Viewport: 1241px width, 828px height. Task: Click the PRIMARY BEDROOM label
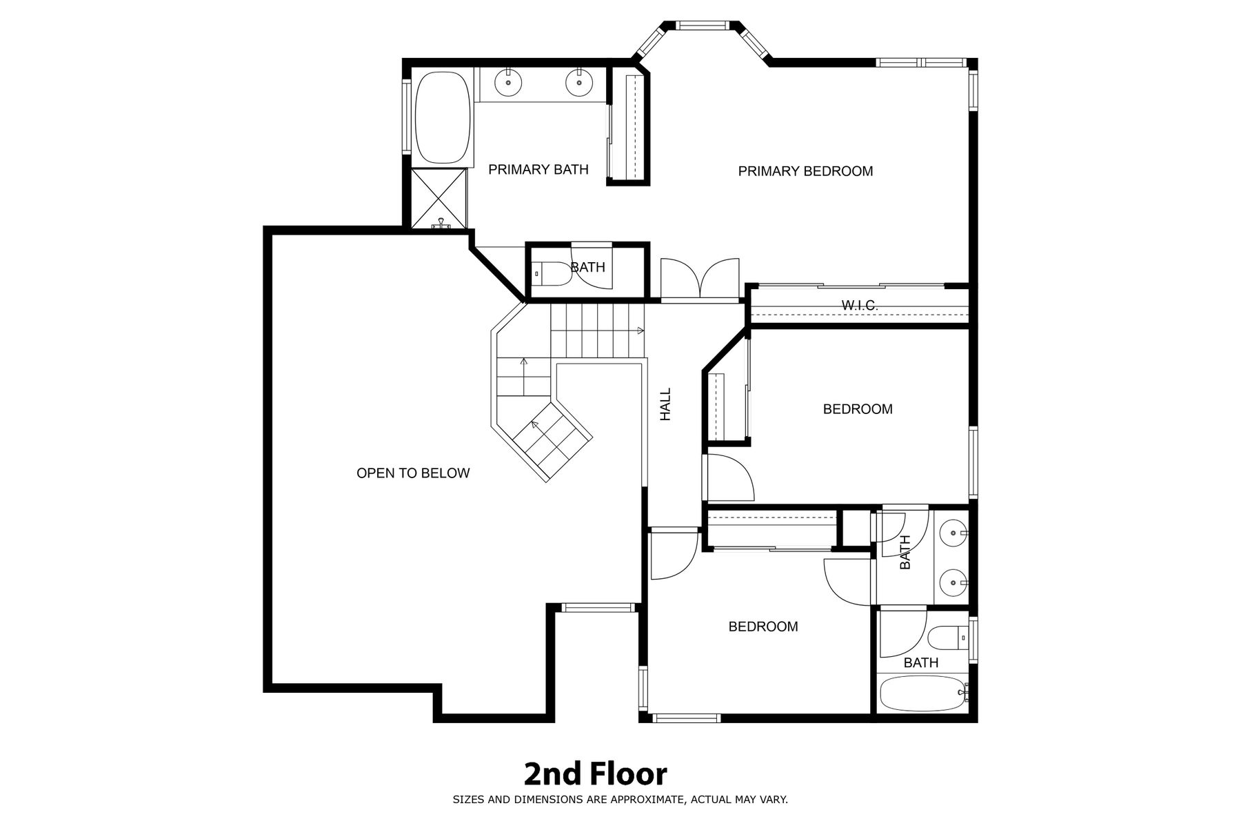[x=805, y=171]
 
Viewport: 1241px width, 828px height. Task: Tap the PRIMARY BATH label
[x=538, y=169]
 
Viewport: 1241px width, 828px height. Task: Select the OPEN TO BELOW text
[x=413, y=473]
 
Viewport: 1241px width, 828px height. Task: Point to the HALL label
[x=665, y=404]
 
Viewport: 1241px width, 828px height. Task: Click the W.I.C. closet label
[x=860, y=305]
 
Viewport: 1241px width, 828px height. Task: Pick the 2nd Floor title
[x=596, y=774]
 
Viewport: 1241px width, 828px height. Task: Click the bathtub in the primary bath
[x=443, y=118]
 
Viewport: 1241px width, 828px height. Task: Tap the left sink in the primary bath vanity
[x=508, y=83]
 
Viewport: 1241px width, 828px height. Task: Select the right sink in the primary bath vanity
[x=579, y=83]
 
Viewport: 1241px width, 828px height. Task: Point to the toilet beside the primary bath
[x=552, y=274]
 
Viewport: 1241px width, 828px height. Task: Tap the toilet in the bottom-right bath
[x=949, y=638]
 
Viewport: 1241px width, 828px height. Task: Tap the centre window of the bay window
[x=702, y=26]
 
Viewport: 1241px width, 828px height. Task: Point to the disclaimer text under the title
[x=620, y=800]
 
